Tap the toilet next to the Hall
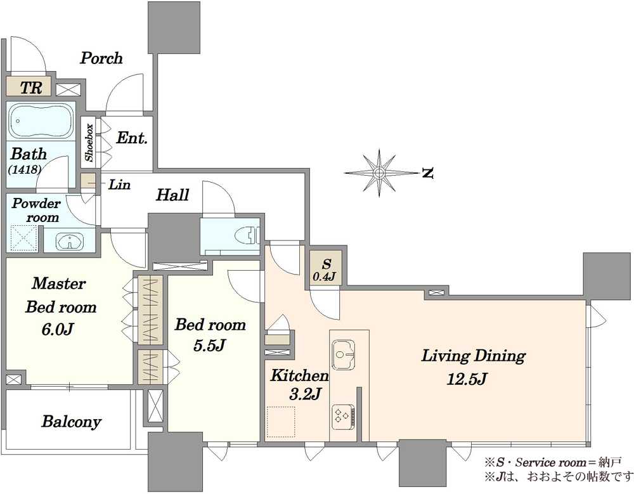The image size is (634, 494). (x=248, y=234)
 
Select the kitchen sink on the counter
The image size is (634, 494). (x=343, y=355)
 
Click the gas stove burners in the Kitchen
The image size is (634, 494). (x=343, y=417)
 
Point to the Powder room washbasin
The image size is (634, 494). (x=70, y=242)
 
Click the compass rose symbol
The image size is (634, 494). (x=379, y=173)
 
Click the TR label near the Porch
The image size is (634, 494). (x=31, y=88)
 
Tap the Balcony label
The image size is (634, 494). (x=72, y=422)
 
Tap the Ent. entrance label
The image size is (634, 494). (x=132, y=138)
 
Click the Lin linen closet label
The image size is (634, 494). (x=120, y=185)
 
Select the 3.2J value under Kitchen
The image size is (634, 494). (x=305, y=394)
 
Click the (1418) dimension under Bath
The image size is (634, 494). (x=25, y=169)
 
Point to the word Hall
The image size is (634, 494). (x=172, y=195)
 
